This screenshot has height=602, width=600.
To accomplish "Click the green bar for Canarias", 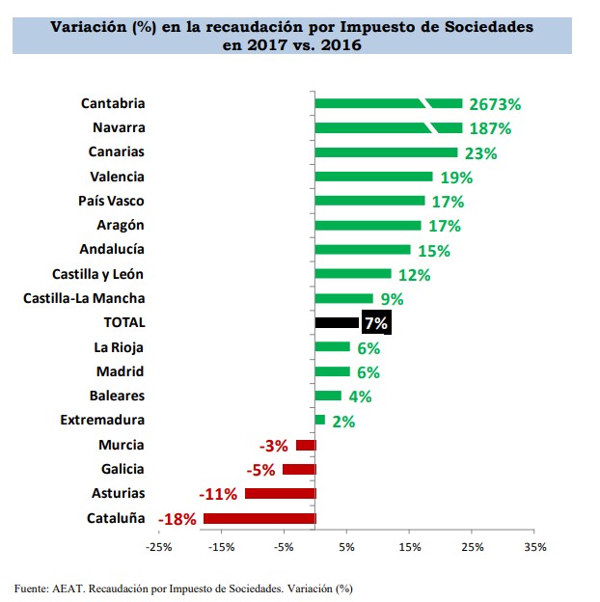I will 386,152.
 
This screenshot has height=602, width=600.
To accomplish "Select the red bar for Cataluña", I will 259,518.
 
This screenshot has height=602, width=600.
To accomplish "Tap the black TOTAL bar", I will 337,322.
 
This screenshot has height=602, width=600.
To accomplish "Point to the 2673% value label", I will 495,104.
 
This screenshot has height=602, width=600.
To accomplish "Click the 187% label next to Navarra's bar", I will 491,128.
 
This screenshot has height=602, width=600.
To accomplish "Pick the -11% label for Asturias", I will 218,494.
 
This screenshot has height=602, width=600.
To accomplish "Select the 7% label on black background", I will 376,323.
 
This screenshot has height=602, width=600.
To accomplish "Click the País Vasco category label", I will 111,201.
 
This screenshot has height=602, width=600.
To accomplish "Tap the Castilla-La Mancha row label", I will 84,298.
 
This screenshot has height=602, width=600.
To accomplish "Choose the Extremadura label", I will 102,420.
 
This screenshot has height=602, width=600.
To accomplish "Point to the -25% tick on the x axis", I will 158,547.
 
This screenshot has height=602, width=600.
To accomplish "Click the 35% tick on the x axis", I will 534,547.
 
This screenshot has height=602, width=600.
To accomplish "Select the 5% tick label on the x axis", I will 346,547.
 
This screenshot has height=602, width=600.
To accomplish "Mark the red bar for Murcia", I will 306,445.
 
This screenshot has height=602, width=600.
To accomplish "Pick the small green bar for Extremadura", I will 320,420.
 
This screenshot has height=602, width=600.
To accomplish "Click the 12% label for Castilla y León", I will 414,275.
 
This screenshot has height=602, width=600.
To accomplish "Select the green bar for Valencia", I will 373,177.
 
